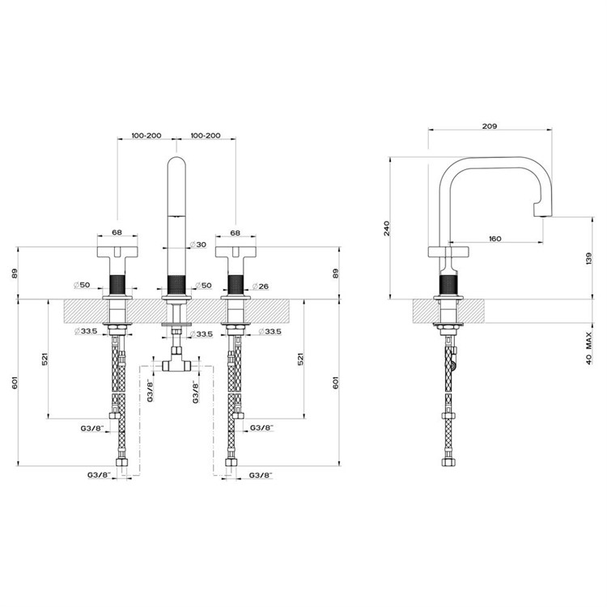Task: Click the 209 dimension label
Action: pyautogui.click(x=490, y=125)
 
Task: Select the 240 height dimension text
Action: pyautogui.click(x=387, y=228)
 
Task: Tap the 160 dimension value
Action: pyautogui.click(x=495, y=239)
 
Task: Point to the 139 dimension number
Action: pyautogui.click(x=589, y=258)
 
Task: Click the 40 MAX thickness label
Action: pyautogui.click(x=589, y=347)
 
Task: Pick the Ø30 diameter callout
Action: pyautogui.click(x=198, y=244)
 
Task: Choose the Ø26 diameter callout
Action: pyautogui.click(x=260, y=287)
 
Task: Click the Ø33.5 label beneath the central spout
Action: pyautogui.click(x=202, y=333)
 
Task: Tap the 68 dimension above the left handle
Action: pyautogui.click(x=117, y=232)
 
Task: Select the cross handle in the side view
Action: pyautogui.click(x=448, y=251)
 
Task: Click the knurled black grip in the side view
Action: pyautogui.click(x=448, y=287)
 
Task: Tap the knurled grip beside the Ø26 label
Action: pyautogui.click(x=236, y=286)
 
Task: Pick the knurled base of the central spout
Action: pyautogui.click(x=176, y=286)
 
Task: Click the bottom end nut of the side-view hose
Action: pyautogui.click(x=448, y=462)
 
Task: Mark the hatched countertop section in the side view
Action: pyautogui.click(x=448, y=311)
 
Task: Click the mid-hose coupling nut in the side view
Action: pyautogui.click(x=448, y=416)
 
